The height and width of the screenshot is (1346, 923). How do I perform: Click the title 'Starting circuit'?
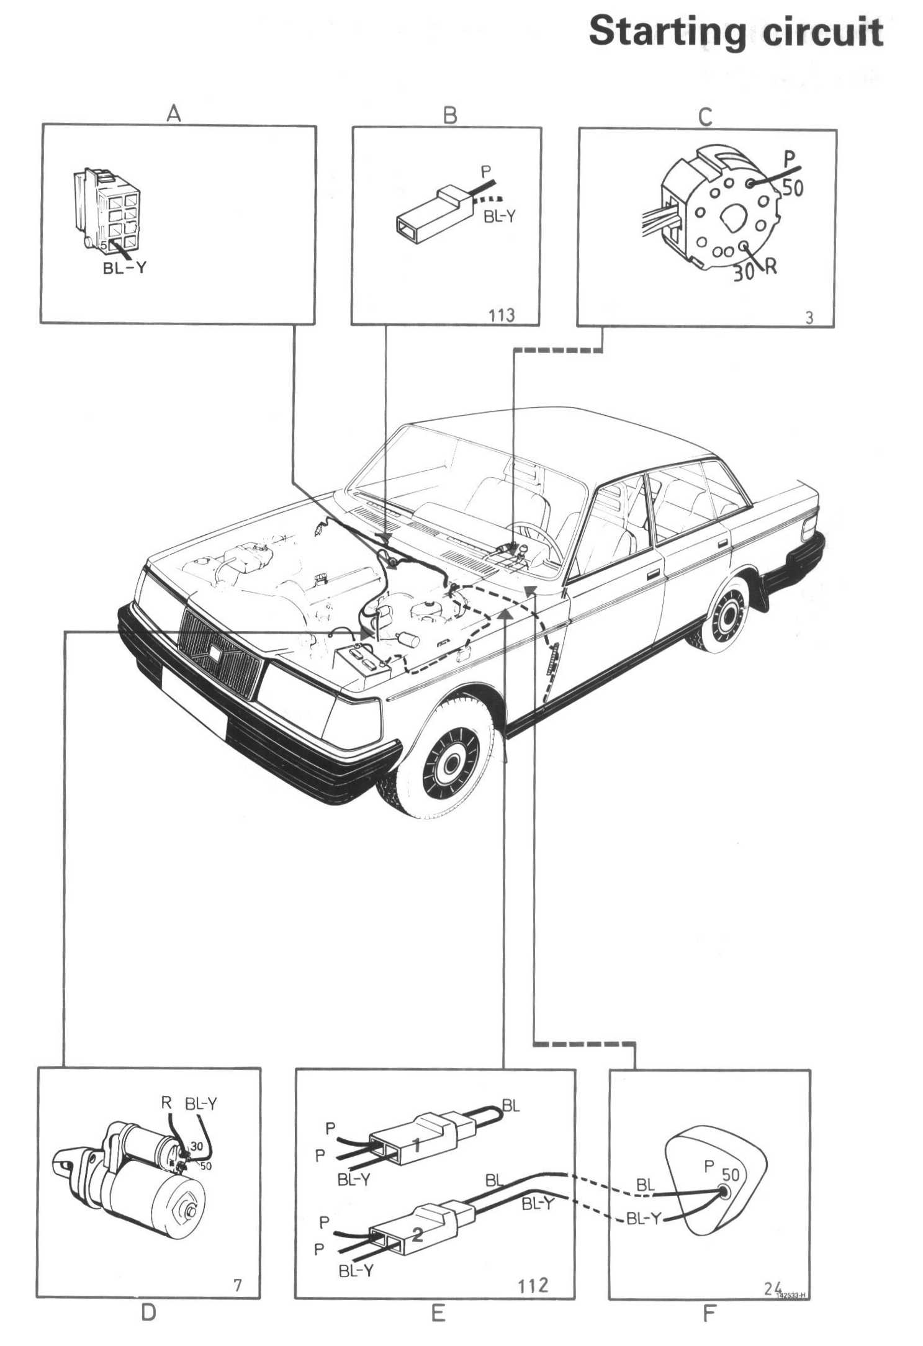736,32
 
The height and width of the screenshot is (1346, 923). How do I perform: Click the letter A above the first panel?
174,114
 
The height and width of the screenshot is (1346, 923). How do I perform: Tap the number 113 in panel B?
501,315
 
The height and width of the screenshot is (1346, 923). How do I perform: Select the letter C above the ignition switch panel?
705,117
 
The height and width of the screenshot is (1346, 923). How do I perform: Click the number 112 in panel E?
533,1282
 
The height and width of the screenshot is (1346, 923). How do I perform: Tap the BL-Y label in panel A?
125,269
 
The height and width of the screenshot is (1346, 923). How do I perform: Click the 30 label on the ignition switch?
743,272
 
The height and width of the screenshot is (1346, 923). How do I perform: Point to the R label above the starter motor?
166,1103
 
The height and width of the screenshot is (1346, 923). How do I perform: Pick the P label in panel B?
487,171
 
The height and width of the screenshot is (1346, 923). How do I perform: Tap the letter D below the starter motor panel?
148,1312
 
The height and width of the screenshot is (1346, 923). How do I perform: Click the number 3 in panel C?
809,318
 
